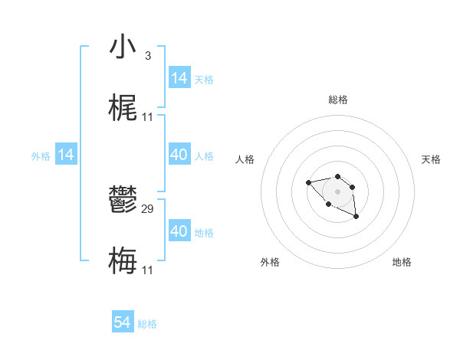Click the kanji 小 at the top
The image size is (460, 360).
(123, 47)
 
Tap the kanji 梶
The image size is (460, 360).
(123, 108)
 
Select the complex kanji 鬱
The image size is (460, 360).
(123, 200)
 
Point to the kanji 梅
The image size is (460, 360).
(123, 261)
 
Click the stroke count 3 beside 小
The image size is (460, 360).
(147, 56)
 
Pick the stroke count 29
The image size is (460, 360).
(148, 208)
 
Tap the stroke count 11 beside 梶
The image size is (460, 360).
(148, 117)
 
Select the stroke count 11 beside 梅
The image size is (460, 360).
(148, 270)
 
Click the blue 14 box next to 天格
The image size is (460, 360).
(179, 78)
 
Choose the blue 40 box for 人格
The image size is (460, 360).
(179, 155)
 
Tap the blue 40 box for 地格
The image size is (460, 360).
(179, 231)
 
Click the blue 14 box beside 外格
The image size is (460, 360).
(66, 155)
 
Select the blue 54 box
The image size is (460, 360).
(123, 323)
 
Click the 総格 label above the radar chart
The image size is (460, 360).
(337, 100)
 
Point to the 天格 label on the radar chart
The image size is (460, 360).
(431, 159)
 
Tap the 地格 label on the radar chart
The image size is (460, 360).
(402, 262)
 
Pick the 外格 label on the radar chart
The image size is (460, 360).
(270, 262)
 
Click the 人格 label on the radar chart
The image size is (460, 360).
(245, 159)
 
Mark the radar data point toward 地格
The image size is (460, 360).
(356, 218)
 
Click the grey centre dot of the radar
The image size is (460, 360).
(337, 191)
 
